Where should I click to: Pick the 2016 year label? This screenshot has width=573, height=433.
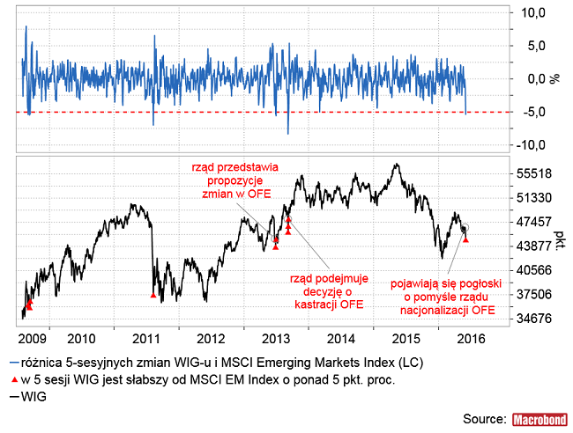[x=468, y=338]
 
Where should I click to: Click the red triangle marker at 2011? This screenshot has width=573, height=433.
[x=153, y=295]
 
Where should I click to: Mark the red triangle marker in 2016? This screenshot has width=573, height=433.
[x=466, y=239]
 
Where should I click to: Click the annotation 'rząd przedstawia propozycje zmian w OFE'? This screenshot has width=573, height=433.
[x=233, y=180]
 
